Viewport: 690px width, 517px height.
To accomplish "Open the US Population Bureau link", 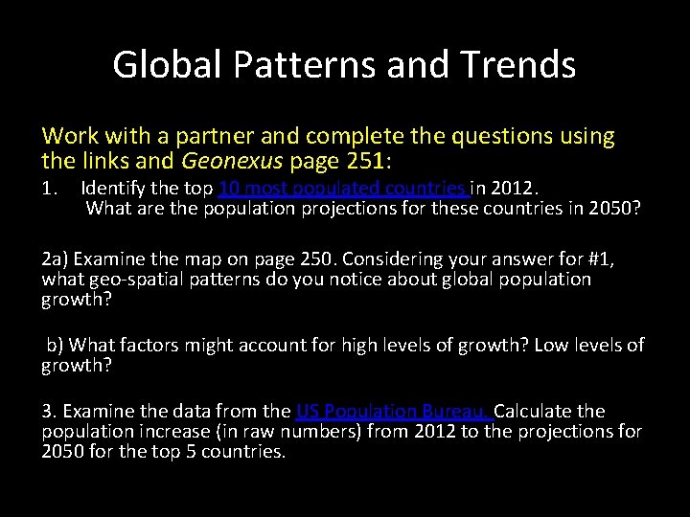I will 394,411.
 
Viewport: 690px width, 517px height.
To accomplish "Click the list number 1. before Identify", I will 53,188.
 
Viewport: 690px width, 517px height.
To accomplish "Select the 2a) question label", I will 56,258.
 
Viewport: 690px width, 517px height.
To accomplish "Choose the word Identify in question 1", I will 113,188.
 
